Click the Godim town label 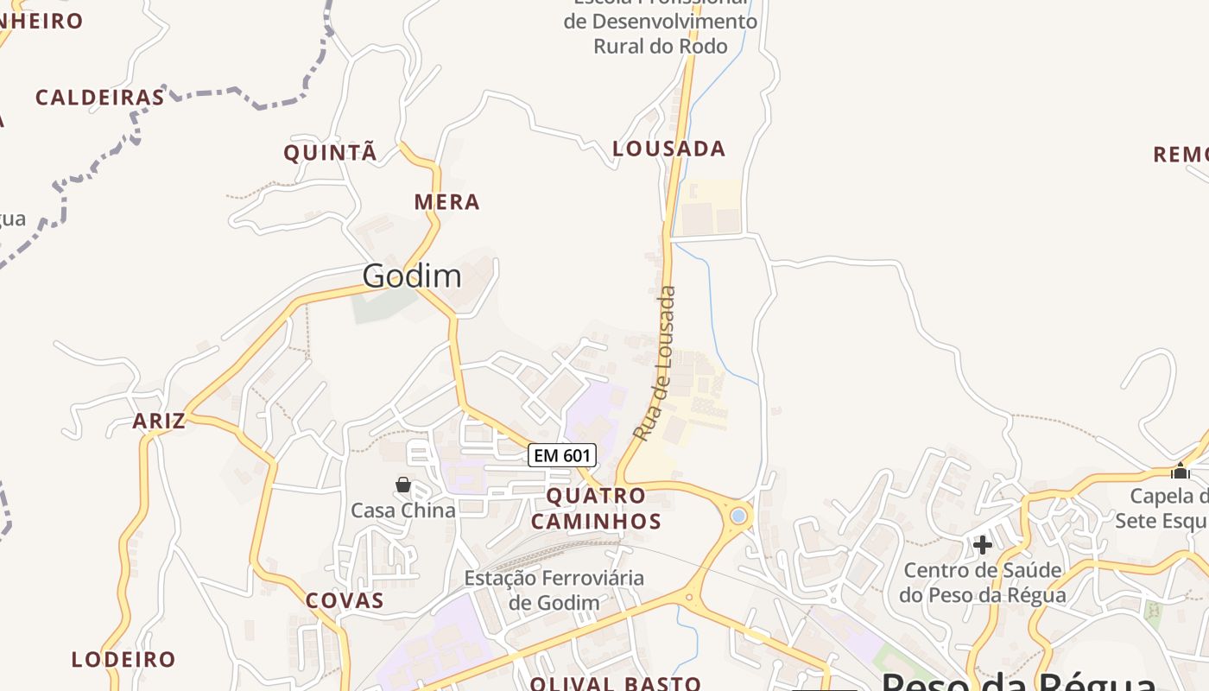click(412, 276)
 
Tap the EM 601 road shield click(562, 455)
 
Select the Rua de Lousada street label click(655, 364)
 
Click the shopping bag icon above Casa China click(403, 485)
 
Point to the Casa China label click(403, 510)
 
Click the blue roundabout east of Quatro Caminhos click(737, 516)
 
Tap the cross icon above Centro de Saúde click(982, 545)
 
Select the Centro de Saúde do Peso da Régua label click(983, 583)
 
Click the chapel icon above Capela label click(1181, 471)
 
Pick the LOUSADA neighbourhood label click(669, 149)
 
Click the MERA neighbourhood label click(446, 202)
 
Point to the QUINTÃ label click(331, 153)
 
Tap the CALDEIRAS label click(100, 98)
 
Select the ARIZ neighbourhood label click(159, 422)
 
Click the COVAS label click(345, 601)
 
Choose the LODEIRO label click(123, 660)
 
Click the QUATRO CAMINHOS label click(596, 509)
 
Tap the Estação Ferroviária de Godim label click(554, 590)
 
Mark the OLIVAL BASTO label click(616, 684)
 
